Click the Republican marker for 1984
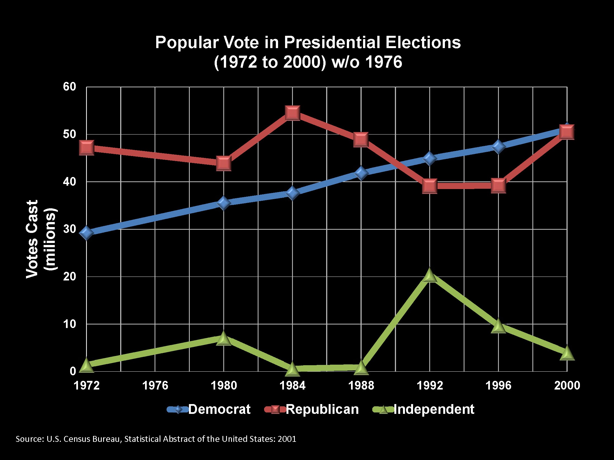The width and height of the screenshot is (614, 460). point(293,113)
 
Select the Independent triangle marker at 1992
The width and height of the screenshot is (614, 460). point(430,276)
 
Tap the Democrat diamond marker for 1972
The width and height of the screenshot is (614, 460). point(86,233)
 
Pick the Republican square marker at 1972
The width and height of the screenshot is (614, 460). point(86,148)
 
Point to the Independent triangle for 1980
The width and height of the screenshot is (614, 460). point(224,339)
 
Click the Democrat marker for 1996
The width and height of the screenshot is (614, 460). point(498,147)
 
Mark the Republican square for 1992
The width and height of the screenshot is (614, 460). point(430,186)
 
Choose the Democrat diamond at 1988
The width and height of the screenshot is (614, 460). point(361,173)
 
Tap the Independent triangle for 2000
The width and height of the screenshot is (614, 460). point(567,353)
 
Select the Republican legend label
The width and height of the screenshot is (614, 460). point(322,409)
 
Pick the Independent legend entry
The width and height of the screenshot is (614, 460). point(424,409)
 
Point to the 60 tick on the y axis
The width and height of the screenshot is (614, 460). point(70,87)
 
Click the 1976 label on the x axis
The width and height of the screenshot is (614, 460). point(155,386)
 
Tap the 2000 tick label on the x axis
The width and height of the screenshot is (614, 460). point(567,386)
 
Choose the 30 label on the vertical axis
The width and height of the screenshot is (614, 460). point(70,229)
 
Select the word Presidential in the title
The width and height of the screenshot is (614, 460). point(332,43)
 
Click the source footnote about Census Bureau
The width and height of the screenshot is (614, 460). point(156,439)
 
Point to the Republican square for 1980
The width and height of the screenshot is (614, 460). point(224,163)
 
